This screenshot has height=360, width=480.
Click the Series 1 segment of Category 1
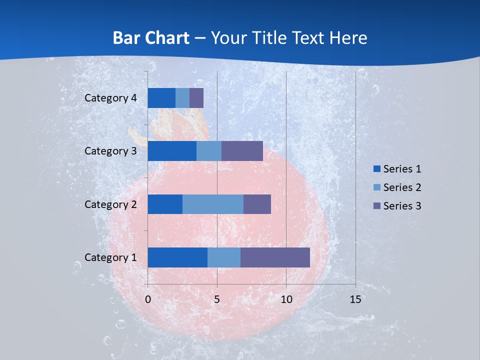pos(177,257)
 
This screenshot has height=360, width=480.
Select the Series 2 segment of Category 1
pos(224,257)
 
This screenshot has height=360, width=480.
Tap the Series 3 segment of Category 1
pos(275,257)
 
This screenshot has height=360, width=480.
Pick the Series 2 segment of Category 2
pos(213,204)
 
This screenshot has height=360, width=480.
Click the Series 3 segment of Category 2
pos(257,204)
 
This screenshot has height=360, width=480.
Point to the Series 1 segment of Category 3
pos(172,151)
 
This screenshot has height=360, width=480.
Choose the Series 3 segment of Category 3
pos(242,151)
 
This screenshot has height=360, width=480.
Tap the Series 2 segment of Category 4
pos(182,98)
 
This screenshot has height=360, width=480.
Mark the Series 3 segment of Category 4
pos(196,98)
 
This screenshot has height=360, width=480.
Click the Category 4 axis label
pos(110,98)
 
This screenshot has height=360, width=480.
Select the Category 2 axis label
pos(110,204)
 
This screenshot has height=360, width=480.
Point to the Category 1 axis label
pos(110,257)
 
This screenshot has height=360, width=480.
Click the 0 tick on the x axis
pos(148,299)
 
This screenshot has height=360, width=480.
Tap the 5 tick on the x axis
pos(217,299)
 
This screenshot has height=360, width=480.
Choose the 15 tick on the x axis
pos(355,299)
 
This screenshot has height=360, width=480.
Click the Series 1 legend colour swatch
pos(376,169)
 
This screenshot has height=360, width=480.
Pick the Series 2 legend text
pos(402,187)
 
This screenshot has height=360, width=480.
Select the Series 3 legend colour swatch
pos(376,205)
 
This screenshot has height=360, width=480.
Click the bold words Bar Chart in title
pos(151,38)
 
